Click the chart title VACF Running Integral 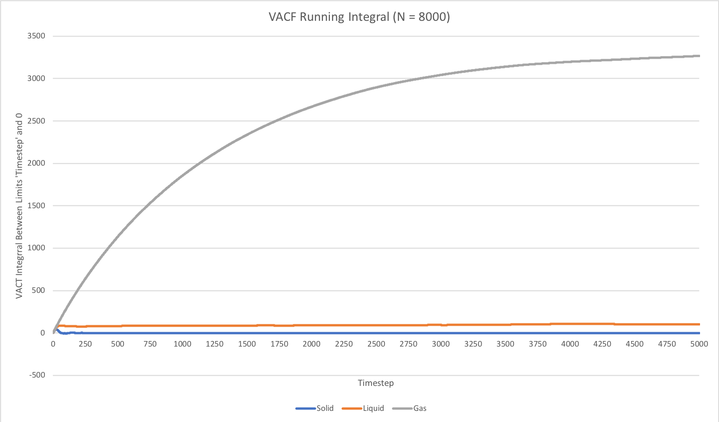tap(359, 17)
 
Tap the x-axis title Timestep tap(375, 383)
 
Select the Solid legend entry tap(324, 408)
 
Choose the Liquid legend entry tap(373, 408)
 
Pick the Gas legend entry tap(419, 408)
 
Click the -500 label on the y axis tap(37, 375)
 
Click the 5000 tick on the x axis tap(699, 344)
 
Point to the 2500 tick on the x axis tap(376, 344)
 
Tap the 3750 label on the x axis tap(538, 344)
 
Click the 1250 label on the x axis tap(215, 344)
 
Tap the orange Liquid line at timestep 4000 tap(570, 323)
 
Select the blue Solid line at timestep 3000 tap(441, 333)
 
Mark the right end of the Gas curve tap(699, 56)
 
